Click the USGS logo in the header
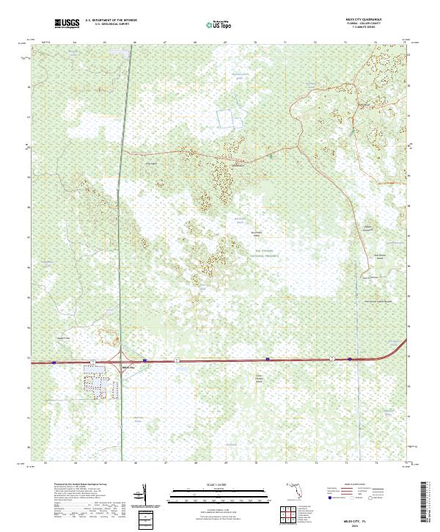[67, 23]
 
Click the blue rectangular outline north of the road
[232, 119]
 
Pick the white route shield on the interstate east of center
[332, 359]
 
